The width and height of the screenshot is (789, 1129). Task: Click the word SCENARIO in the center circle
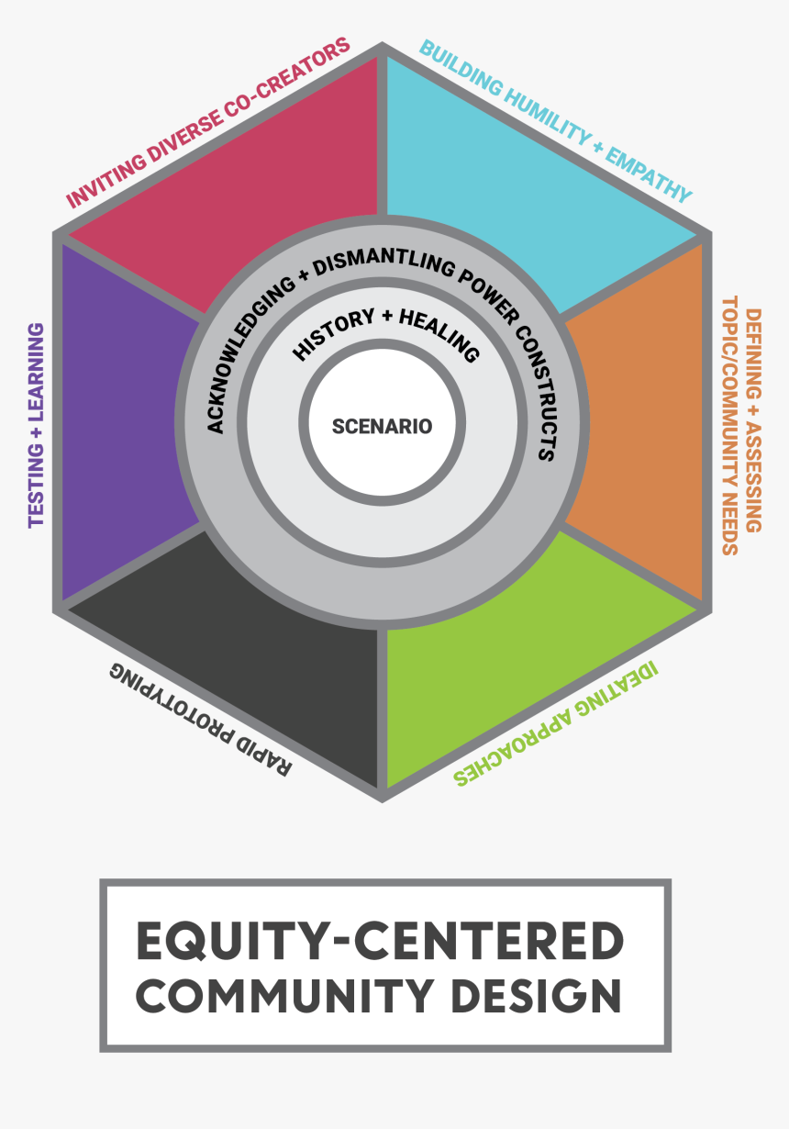(x=382, y=427)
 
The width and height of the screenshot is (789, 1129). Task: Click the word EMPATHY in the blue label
(x=649, y=174)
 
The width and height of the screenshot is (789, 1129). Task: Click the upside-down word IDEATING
(x=617, y=688)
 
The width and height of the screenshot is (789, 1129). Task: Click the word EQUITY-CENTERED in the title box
(x=380, y=941)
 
